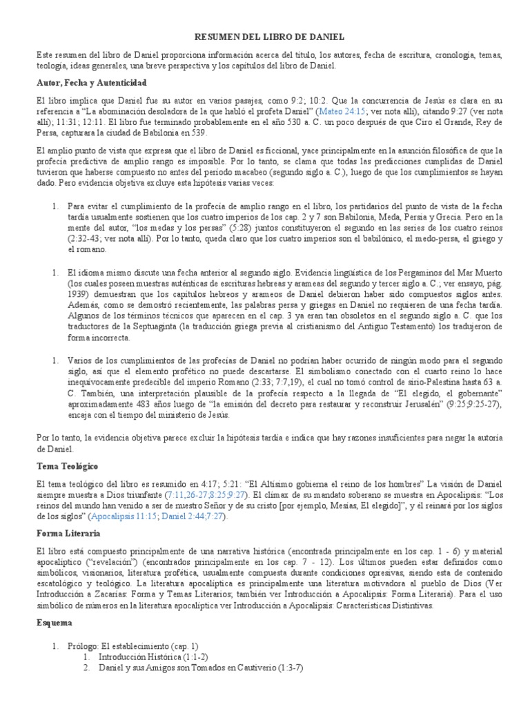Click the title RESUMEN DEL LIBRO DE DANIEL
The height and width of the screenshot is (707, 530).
click(x=265, y=36)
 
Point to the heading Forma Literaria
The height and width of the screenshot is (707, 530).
click(x=68, y=534)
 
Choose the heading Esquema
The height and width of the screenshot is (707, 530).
click(x=54, y=621)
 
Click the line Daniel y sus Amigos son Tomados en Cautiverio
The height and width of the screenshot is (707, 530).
click(x=186, y=668)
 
